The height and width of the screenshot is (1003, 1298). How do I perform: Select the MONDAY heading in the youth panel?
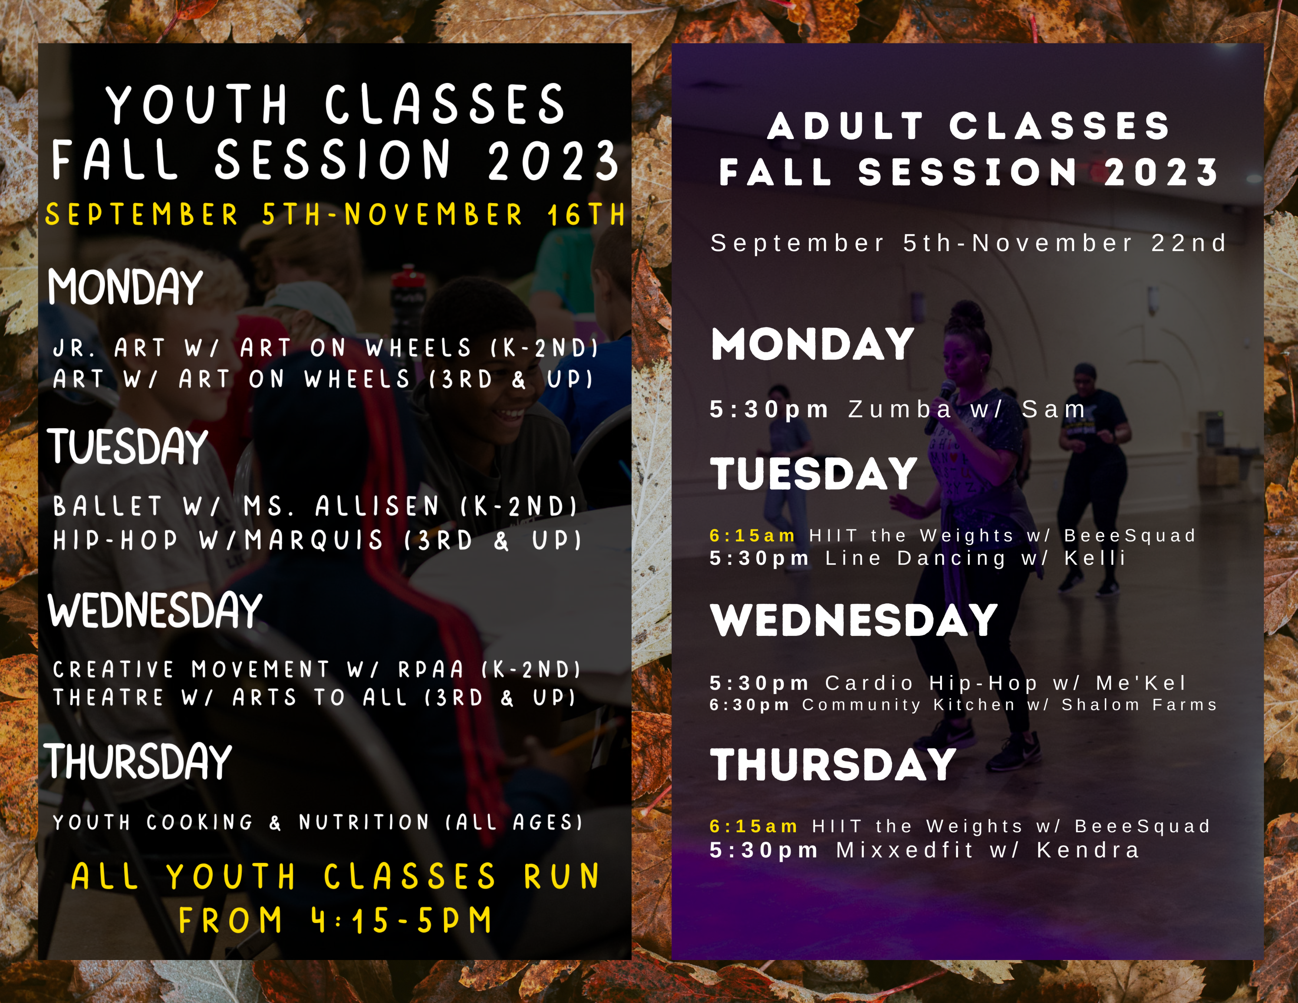click(x=125, y=287)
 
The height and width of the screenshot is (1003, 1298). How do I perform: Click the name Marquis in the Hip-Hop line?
click(x=314, y=540)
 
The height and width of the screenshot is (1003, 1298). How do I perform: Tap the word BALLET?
click(x=107, y=506)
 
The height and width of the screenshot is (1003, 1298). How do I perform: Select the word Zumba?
click(x=900, y=409)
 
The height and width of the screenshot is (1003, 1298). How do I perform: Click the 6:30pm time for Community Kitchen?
click(x=750, y=705)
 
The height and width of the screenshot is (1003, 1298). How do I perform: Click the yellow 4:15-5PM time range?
click(x=402, y=920)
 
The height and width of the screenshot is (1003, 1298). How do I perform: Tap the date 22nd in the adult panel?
click(x=1189, y=243)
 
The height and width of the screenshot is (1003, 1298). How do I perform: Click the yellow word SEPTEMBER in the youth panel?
click(x=141, y=214)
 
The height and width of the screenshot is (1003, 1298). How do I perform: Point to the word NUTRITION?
click(x=364, y=822)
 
